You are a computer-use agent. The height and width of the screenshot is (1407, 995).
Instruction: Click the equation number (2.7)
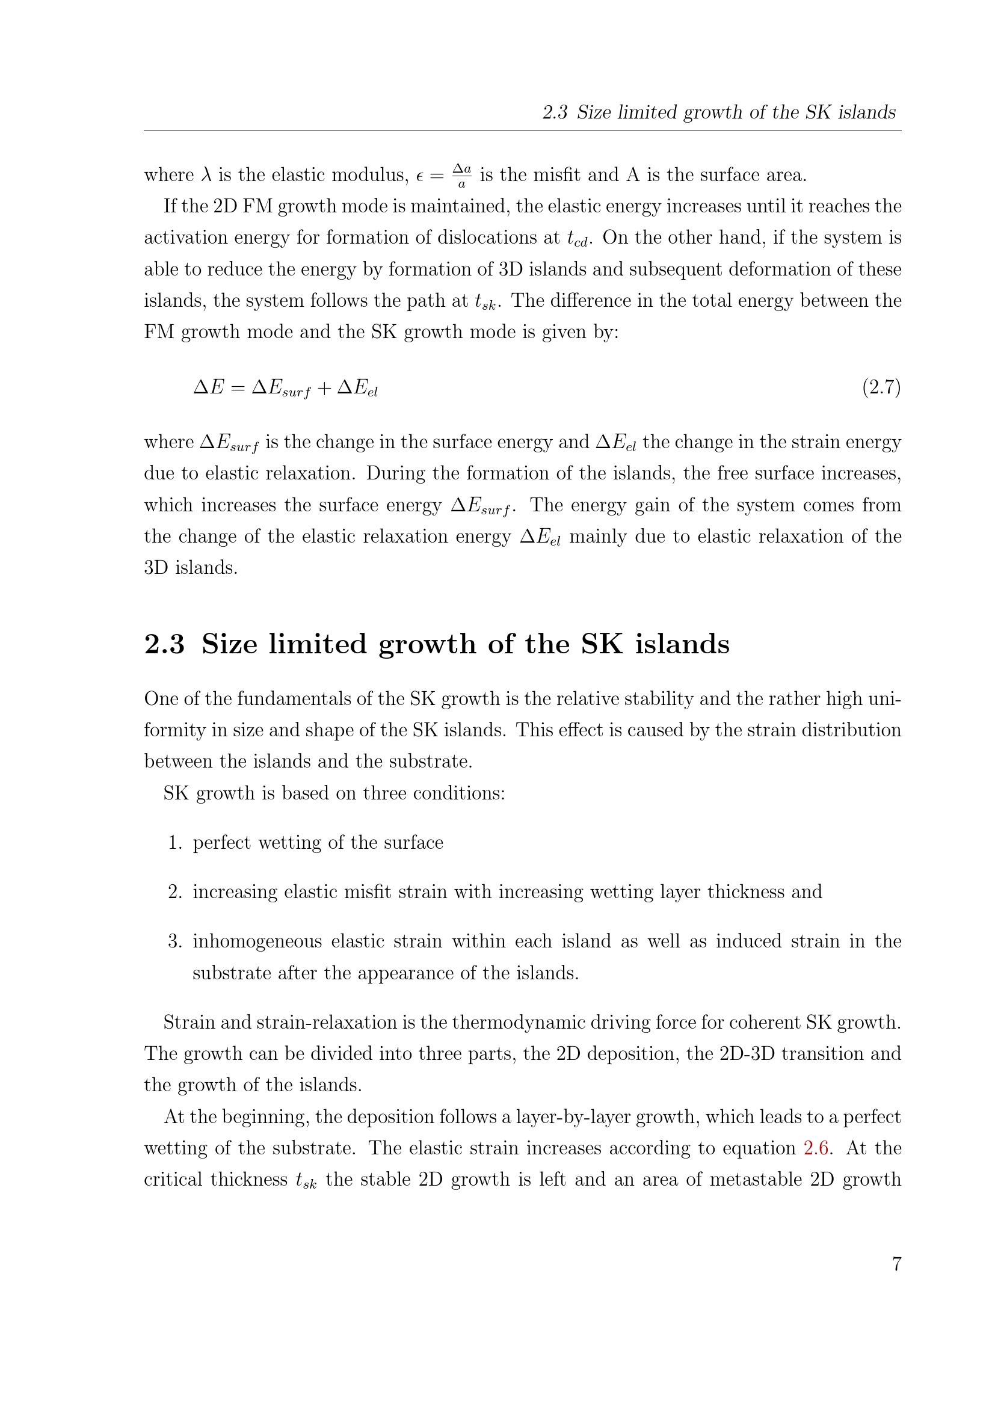[881, 387]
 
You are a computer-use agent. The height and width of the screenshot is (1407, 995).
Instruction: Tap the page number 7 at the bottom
[896, 1264]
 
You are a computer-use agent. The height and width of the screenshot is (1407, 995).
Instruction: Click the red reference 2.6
[817, 1148]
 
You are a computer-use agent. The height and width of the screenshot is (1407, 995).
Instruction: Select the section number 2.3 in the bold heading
[164, 644]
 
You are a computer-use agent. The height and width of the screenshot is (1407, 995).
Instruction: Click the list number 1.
[174, 843]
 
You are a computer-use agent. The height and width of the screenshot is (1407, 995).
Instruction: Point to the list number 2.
[174, 891]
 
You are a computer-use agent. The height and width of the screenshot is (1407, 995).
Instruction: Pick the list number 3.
[174, 941]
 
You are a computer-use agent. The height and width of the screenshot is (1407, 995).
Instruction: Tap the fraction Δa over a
[462, 175]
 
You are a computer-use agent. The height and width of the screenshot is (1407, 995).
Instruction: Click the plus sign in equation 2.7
[324, 388]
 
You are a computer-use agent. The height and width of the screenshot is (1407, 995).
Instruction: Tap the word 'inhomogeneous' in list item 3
[257, 941]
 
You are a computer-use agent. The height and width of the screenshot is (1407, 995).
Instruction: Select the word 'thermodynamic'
[520, 1022]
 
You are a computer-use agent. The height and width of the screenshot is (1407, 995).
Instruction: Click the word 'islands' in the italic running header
[870, 112]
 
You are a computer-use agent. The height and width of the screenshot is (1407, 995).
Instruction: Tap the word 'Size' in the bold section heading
[229, 644]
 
